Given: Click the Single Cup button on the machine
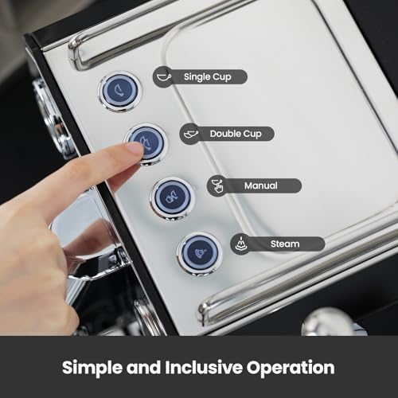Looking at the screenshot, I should coord(119,91).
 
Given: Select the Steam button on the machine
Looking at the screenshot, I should coord(198,252).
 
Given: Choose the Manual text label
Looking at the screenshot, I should coord(261,186).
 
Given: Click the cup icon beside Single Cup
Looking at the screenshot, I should coord(164,76).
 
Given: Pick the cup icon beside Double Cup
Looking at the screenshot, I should coord(191,133).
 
